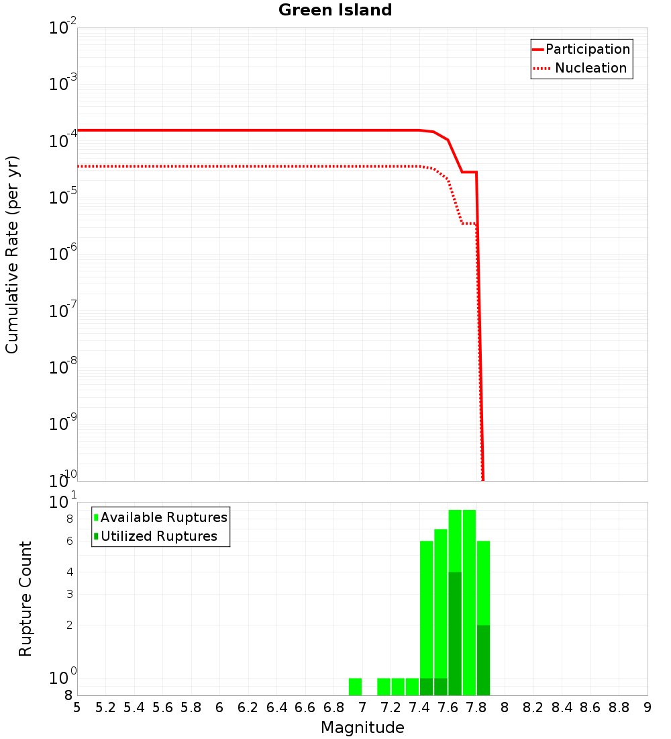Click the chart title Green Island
[x=335, y=10]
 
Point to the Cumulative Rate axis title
[x=12, y=254]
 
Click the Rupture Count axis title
[x=25, y=598]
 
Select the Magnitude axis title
[x=362, y=728]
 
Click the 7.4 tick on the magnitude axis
[x=419, y=707]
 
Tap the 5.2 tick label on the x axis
[x=105, y=707]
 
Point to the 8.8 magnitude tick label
[x=619, y=707]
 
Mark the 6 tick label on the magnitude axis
[x=219, y=707]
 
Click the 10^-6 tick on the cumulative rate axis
[x=62, y=254]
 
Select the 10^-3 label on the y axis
[x=62, y=84]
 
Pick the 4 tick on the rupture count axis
[x=68, y=572]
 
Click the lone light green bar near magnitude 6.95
[x=355, y=687]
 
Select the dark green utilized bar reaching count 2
[x=483, y=660]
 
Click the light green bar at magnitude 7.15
[x=384, y=687]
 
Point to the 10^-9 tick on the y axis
[x=62, y=424]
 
